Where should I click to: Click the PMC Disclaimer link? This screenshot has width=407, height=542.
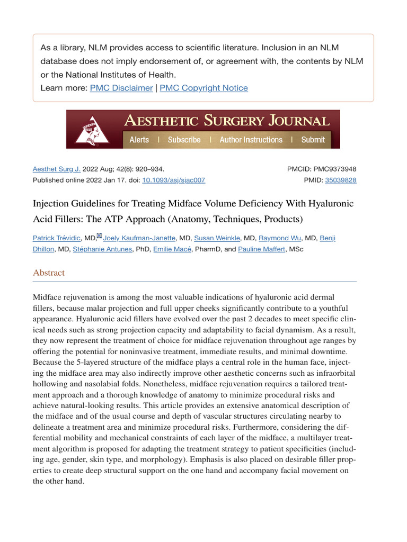[x=121, y=88]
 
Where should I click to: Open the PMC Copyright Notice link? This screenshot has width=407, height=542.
[x=203, y=88]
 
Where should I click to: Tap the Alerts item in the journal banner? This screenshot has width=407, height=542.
[x=139, y=140]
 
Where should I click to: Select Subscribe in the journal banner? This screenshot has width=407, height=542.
[x=184, y=140]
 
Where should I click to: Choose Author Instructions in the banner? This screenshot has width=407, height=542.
[x=251, y=140]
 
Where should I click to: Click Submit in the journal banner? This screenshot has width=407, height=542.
[x=313, y=140]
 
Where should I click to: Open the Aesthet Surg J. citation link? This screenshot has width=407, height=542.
[x=57, y=169]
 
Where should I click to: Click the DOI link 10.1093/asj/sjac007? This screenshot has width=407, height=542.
[x=173, y=180]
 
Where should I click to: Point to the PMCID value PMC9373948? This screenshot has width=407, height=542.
[x=334, y=169]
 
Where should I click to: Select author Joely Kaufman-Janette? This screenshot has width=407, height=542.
[x=139, y=238]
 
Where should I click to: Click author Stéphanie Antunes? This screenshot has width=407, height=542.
[x=102, y=249]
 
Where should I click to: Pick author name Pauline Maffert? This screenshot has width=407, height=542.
[x=262, y=249]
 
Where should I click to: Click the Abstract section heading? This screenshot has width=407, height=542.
[x=49, y=273]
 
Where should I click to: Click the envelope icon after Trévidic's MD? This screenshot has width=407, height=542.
[x=99, y=236]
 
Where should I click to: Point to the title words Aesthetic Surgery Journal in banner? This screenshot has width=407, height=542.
[x=226, y=121]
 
